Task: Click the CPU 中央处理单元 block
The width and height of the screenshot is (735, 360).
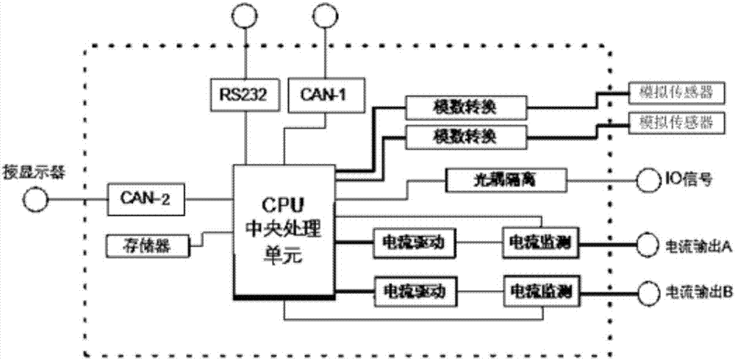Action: coord(282,220)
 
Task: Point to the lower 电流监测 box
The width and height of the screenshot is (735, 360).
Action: coord(539,286)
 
